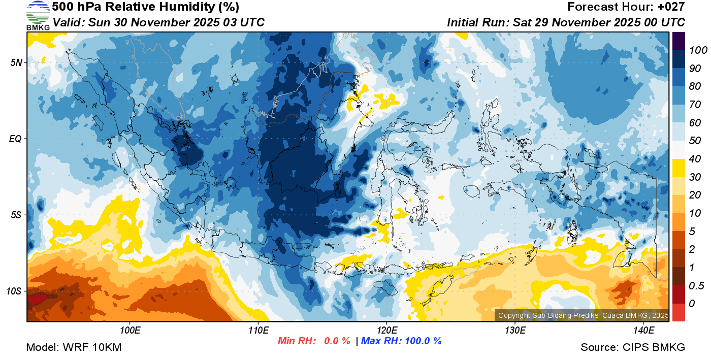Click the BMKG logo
38,16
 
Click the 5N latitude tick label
16,63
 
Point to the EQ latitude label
16,139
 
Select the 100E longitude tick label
131,330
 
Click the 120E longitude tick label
386,330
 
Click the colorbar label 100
694,50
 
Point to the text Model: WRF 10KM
74,347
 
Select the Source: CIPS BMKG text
633,347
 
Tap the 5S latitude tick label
16,215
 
